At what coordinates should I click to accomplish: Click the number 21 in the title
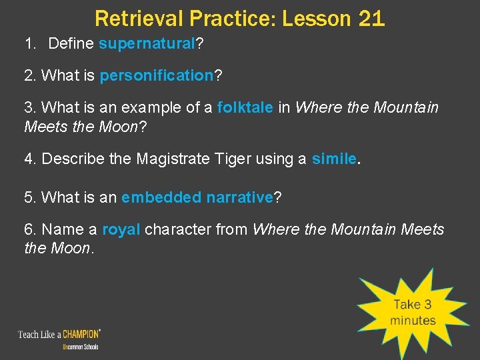tap(371, 18)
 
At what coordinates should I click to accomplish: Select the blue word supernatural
tap(146, 45)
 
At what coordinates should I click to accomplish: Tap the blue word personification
tap(155, 76)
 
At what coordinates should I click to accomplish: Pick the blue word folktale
tap(245, 107)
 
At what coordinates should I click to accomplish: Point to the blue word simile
tap(334, 159)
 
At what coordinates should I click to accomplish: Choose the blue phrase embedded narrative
tap(197, 198)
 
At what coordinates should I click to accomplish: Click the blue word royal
tap(121, 229)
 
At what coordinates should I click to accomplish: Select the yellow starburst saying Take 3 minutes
tap(412, 311)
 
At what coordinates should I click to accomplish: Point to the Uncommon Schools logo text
tap(80, 347)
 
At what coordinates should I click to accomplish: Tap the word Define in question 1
tap(71, 45)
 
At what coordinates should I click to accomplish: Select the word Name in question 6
tap(61, 229)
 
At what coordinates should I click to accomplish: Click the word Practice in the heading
tap(223, 18)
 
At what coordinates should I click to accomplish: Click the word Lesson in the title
tap(311, 18)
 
